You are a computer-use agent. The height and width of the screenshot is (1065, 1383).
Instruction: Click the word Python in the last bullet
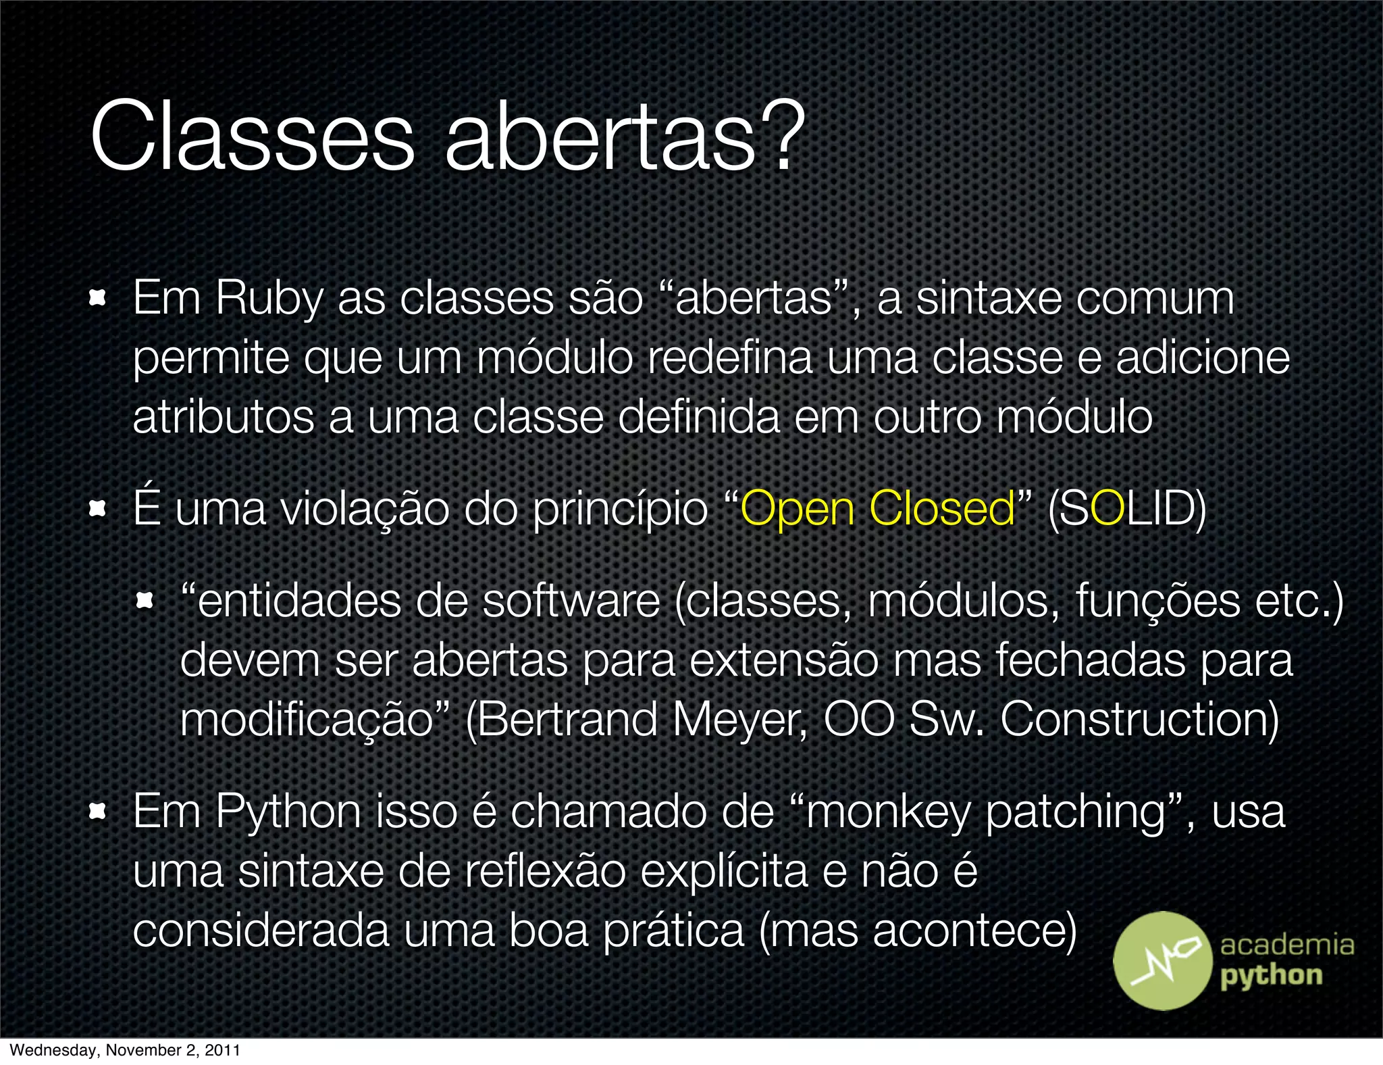click(288, 812)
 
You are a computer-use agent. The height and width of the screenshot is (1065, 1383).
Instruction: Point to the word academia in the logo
click(1286, 945)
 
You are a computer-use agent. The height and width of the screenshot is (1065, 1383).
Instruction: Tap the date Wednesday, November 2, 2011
click(125, 1050)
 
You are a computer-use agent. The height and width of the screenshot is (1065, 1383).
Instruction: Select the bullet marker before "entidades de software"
click(145, 600)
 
